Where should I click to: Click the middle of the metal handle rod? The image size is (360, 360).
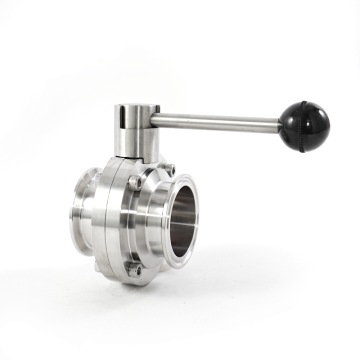[x=220, y=122]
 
